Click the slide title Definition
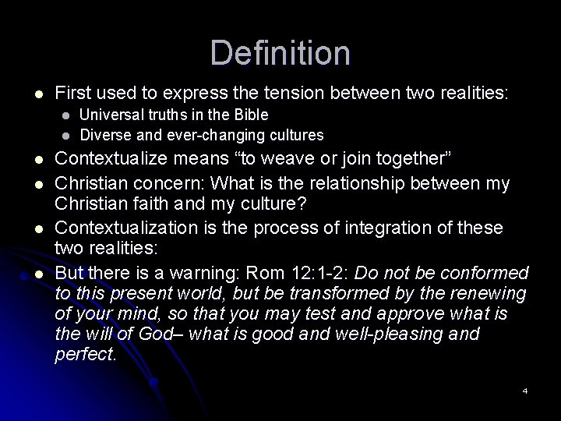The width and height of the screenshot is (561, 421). click(x=280, y=53)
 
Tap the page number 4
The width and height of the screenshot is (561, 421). click(x=525, y=390)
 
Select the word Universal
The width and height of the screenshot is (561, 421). click(x=108, y=115)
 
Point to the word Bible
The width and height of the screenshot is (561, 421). click(x=252, y=115)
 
